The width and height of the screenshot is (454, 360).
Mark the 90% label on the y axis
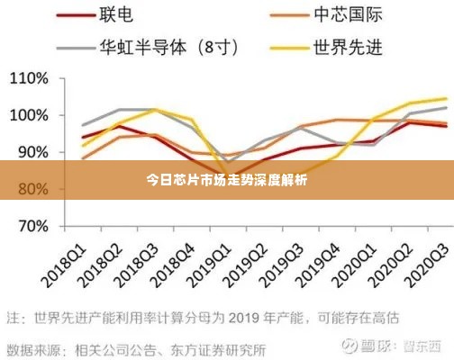(30, 152)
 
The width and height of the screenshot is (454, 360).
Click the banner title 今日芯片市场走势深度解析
(226, 179)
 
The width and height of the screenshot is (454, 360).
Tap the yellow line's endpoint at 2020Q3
(446, 98)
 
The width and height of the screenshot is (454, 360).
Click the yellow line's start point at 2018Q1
(82, 145)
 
